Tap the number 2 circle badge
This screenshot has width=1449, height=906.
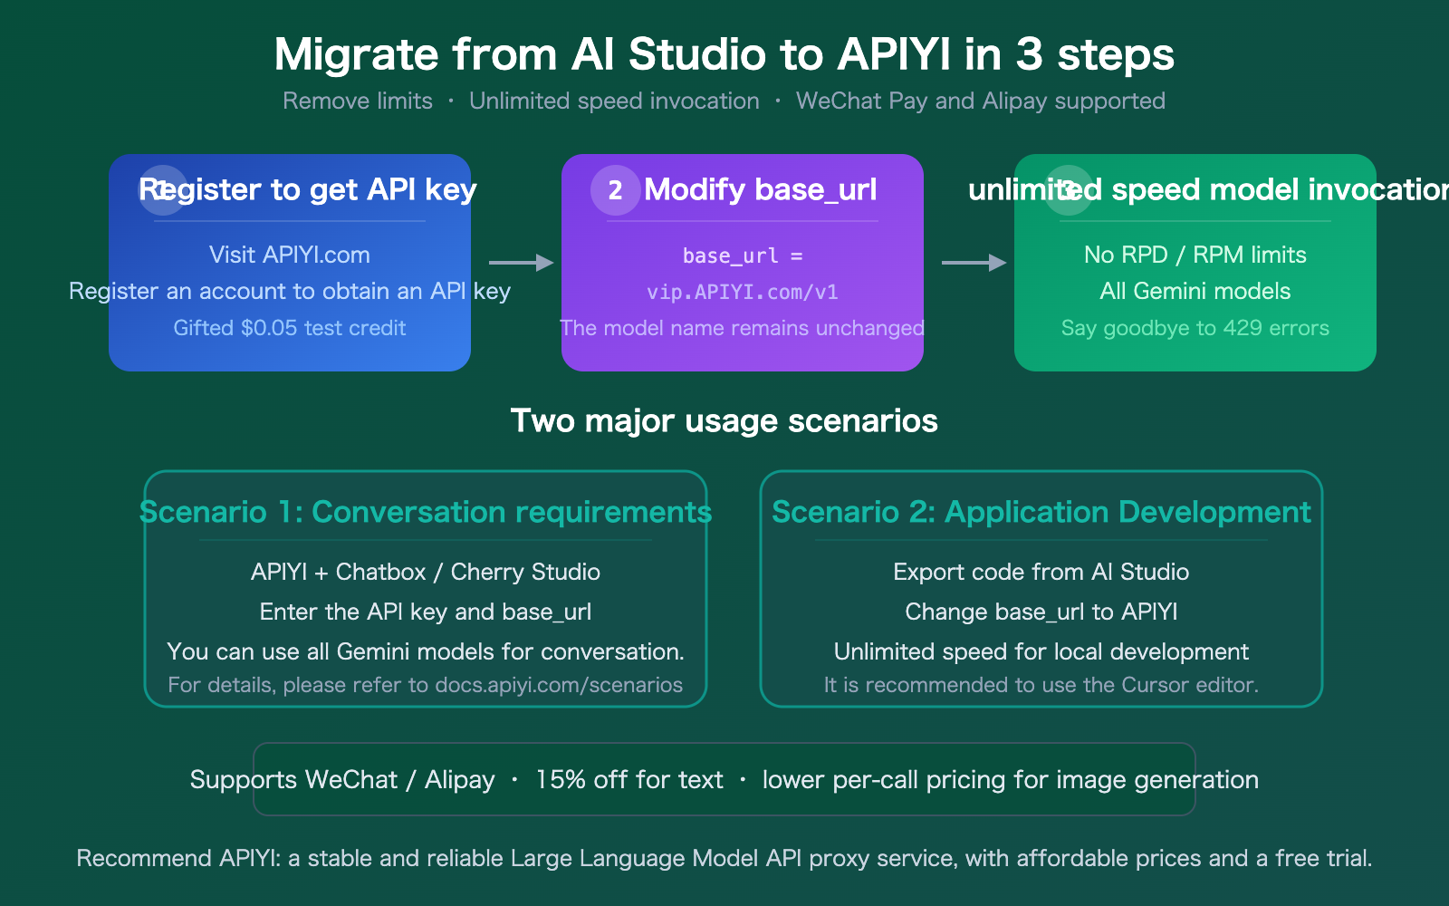(x=615, y=190)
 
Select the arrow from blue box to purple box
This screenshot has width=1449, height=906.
(x=521, y=263)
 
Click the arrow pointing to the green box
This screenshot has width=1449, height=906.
(x=974, y=263)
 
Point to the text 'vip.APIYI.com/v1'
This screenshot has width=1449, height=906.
(x=742, y=292)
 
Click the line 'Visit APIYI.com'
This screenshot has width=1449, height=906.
(x=289, y=255)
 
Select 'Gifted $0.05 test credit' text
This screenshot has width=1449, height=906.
(x=289, y=328)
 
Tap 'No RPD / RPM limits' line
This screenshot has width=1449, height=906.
(x=1195, y=255)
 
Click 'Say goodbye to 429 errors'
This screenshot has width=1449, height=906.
(x=1195, y=328)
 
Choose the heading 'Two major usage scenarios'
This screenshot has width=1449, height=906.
(x=724, y=420)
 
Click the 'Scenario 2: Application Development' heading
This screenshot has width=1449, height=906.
(x=1041, y=512)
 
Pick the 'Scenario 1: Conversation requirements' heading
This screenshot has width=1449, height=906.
(x=425, y=512)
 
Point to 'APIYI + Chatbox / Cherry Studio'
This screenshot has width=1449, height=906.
(x=425, y=572)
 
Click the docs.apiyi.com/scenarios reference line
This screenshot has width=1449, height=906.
(x=425, y=685)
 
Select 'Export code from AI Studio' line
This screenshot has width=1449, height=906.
(x=1041, y=572)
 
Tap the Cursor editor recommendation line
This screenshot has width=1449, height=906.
(x=1041, y=685)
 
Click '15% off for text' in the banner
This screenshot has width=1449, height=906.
(x=629, y=780)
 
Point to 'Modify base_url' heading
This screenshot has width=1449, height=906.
(x=760, y=189)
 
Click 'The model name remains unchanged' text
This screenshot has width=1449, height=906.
(x=742, y=328)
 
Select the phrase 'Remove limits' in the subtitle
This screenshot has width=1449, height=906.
(x=358, y=101)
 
